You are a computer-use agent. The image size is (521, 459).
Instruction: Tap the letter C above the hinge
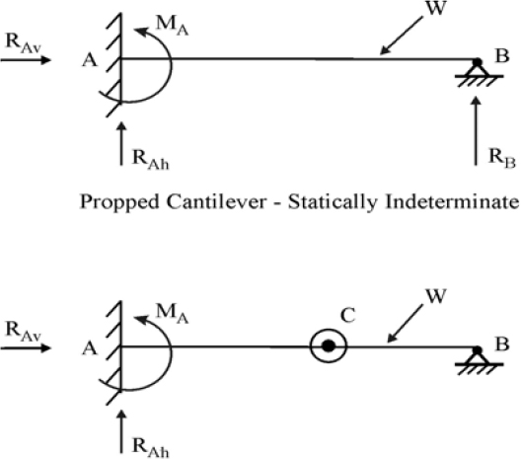click(x=348, y=315)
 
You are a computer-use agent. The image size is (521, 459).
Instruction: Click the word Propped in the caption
click(x=119, y=202)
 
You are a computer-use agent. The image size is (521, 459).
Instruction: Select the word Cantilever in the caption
click(x=216, y=201)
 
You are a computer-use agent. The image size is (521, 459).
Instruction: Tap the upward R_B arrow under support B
click(x=477, y=130)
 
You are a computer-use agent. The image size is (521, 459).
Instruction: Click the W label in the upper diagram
click(x=435, y=8)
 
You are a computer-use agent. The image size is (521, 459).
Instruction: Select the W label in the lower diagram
click(x=435, y=296)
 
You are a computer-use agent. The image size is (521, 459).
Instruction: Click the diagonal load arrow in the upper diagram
click(x=401, y=36)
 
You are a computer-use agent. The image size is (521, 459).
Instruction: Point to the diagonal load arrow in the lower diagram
click(x=405, y=324)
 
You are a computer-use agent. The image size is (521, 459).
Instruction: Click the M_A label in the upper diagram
click(x=172, y=26)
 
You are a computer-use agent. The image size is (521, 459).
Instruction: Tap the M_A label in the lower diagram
click(x=172, y=314)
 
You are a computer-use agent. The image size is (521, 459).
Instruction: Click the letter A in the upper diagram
click(x=90, y=60)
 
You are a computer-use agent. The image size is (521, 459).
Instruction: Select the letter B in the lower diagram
click(x=501, y=344)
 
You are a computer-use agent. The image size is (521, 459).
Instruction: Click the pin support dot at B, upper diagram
click(x=478, y=62)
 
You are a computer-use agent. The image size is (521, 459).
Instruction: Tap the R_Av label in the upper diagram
click(x=23, y=43)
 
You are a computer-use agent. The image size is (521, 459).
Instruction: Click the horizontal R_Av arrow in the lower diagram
click(x=26, y=348)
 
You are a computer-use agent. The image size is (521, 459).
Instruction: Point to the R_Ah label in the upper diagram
click(x=151, y=160)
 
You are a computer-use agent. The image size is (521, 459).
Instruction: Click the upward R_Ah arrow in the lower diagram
click(x=121, y=431)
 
